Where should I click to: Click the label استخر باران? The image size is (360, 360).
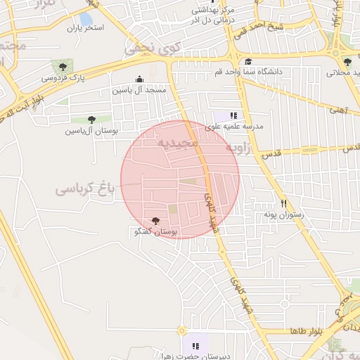click(x=85, y=28)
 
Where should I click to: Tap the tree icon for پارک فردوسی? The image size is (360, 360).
click(x=63, y=67)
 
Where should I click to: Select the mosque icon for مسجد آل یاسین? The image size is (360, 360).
click(x=139, y=79)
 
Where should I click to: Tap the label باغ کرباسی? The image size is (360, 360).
click(x=84, y=188)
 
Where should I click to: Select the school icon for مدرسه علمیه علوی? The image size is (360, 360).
click(x=233, y=115)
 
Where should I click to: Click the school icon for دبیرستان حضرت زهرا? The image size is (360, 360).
click(x=195, y=347)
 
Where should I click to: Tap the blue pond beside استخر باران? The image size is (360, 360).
click(x=86, y=18)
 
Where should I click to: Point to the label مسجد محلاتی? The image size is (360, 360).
click(x=344, y=72)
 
